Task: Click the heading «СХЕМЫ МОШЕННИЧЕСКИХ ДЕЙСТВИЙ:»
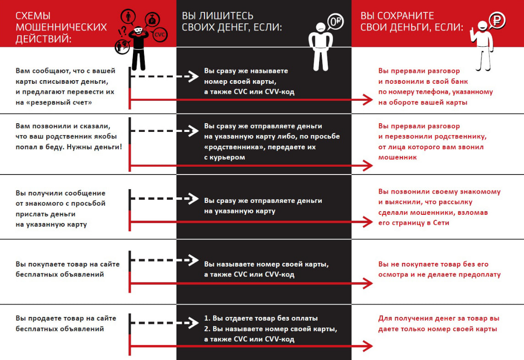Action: coord(61,27)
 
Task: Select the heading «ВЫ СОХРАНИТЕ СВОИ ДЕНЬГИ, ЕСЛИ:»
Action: coord(412,22)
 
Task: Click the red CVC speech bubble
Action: coord(160,34)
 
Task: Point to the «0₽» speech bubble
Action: coord(335,22)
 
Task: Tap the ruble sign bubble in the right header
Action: coord(497,20)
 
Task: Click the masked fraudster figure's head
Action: coord(138,31)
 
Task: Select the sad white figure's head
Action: coord(321,28)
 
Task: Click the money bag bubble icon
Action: coord(152,20)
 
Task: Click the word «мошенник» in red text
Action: coord(397,157)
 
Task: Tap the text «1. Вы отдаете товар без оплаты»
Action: coord(261,318)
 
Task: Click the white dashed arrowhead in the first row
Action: coord(193,76)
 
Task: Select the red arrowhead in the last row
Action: coord(368,346)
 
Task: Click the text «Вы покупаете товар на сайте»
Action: coord(67,264)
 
